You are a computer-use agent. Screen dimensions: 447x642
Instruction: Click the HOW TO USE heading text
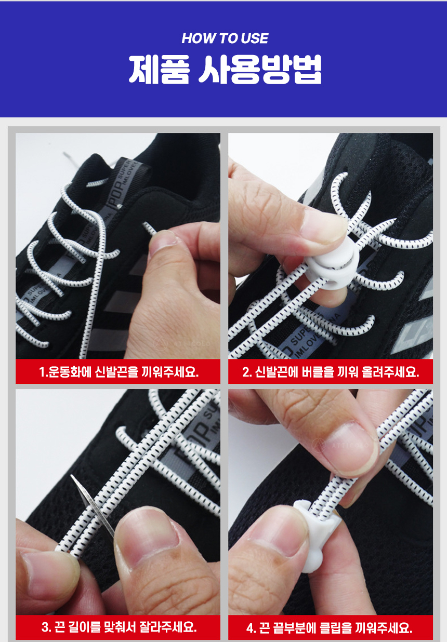pos(225,38)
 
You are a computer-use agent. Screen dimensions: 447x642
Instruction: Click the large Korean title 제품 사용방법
pos(225,69)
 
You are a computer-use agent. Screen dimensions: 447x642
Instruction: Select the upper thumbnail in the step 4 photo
pos(352,446)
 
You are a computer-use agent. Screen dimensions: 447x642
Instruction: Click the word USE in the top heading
pos(255,38)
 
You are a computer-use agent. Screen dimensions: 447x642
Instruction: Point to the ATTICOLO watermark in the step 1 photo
pos(182,344)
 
